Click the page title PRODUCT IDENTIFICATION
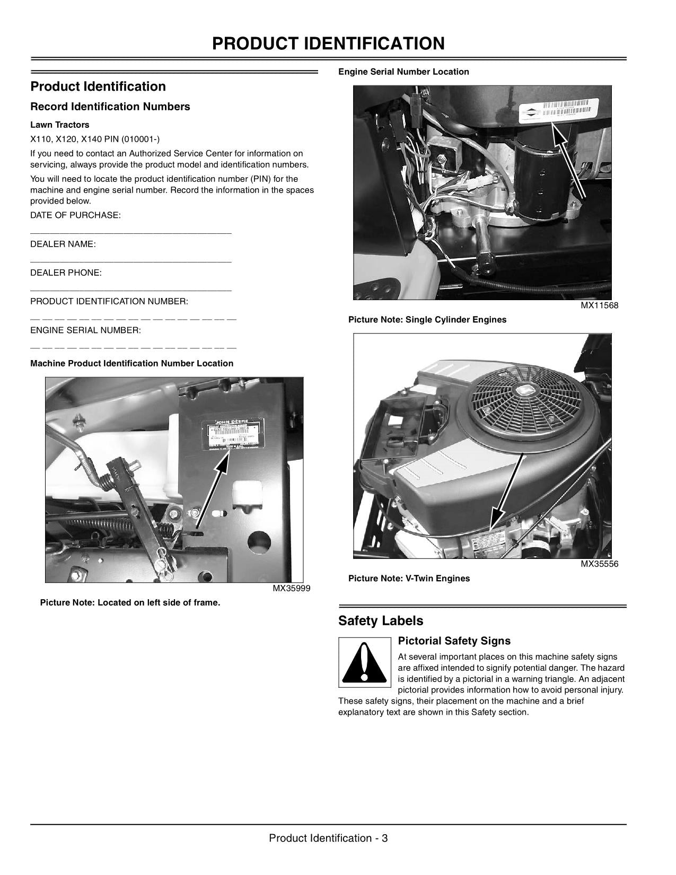[x=328, y=43]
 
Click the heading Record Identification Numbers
[x=110, y=107]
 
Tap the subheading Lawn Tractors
[x=59, y=125]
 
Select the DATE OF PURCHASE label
[x=75, y=215]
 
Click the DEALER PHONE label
[x=66, y=273]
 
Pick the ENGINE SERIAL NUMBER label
[x=85, y=330]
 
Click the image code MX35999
[x=291, y=588]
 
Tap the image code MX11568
[x=599, y=305]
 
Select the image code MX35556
[x=599, y=564]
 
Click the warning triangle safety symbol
[x=363, y=663]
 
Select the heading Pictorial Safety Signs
[x=454, y=641]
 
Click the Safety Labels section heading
[x=381, y=621]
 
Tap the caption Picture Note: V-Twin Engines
[x=409, y=579]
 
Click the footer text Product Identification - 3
[x=328, y=838]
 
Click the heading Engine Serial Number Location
[x=403, y=72]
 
